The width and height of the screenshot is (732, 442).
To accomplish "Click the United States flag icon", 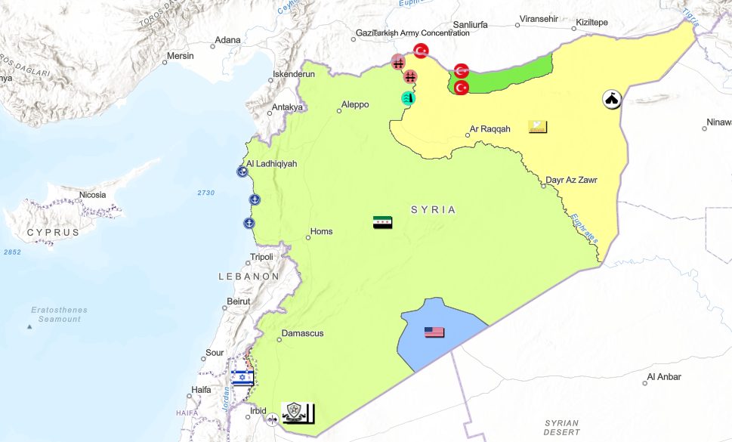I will [x=434, y=332].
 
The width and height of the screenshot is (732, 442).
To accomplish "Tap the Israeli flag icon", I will [x=242, y=378].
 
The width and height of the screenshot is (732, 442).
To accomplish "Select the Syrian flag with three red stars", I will [x=382, y=222].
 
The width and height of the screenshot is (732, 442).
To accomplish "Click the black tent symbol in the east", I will [x=611, y=99].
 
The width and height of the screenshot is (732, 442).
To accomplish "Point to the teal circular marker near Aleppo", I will [x=408, y=97].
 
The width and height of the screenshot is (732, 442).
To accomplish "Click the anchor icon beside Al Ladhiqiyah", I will [x=242, y=172].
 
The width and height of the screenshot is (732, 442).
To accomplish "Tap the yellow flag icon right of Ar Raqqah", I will [x=538, y=127].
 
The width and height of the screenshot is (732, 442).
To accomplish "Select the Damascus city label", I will [x=302, y=333].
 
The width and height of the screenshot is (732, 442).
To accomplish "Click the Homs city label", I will [x=322, y=232].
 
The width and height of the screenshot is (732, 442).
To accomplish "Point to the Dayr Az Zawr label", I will [x=572, y=181].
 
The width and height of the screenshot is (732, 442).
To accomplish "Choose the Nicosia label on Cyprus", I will [x=92, y=195].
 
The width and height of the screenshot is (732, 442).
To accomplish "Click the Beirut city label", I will [x=237, y=301].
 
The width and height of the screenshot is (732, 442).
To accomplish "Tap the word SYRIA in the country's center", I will [x=434, y=210].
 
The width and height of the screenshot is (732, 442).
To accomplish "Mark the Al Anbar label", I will [x=663, y=376].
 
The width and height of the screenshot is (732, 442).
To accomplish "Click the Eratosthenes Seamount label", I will [x=60, y=314].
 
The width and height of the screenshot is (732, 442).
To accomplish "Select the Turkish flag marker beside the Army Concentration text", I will [x=421, y=51].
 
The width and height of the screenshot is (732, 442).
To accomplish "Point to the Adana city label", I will [x=227, y=40].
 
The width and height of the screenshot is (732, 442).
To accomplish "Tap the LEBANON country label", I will [x=249, y=277].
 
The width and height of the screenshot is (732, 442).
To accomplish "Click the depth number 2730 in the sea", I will [x=205, y=193].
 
